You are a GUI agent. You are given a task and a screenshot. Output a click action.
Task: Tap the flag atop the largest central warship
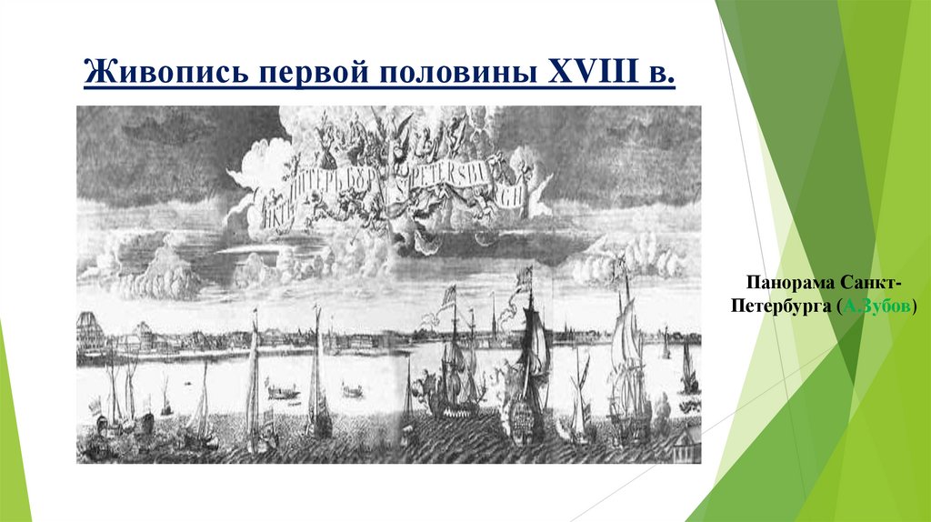point(525,278)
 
